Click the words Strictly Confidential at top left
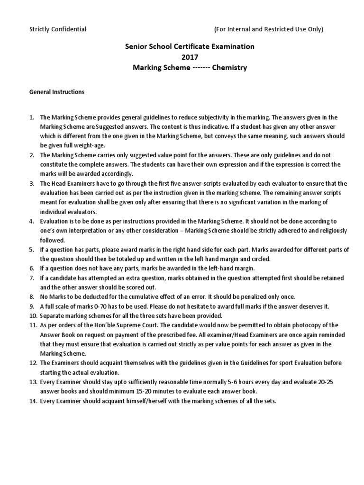pyautogui.click(x=58, y=29)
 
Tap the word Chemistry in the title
pyautogui.click(x=230, y=67)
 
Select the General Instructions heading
pyautogui.click(x=57, y=92)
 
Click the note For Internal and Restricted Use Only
pyautogui.click(x=269, y=29)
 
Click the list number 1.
pyautogui.click(x=31, y=117)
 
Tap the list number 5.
pyautogui.click(x=31, y=250)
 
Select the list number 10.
pyautogui.click(x=32, y=315)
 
